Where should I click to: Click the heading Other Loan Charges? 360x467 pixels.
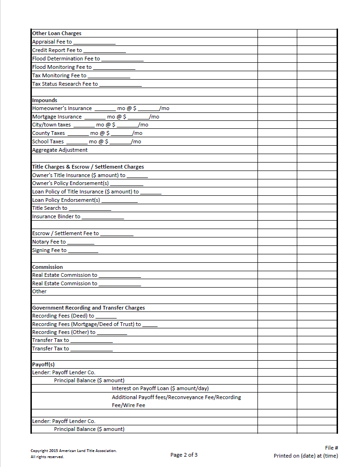pos(57,34)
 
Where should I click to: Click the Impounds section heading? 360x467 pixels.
pos(44,100)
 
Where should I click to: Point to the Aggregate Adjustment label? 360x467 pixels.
pos(59,150)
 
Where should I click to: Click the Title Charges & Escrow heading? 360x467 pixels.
pos(88,167)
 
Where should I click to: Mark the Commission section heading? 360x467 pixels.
pos(47,267)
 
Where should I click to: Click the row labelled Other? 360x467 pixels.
pos(39,292)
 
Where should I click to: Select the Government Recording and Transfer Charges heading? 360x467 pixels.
pos(88,308)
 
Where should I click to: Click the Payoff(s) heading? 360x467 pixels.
pos(44,364)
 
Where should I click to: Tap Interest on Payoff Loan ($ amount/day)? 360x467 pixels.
pos(160,389)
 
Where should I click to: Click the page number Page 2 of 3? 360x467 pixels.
pos(184,455)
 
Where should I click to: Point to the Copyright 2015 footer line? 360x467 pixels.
pos(73,451)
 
